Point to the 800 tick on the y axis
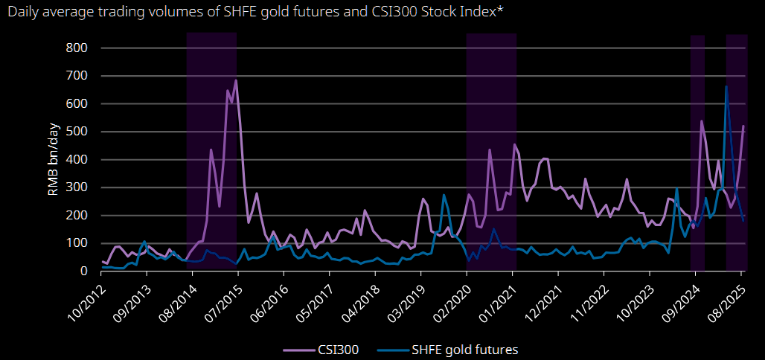pyautogui.click(x=78, y=48)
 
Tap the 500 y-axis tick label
pyautogui.click(x=78, y=132)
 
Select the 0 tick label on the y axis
pyautogui.click(x=86, y=271)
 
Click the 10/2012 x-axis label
pyautogui.click(x=88, y=297)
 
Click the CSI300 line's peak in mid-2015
pyautogui.click(x=236, y=80)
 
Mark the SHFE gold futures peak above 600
pyautogui.click(x=726, y=87)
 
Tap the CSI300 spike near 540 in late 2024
pyautogui.click(x=702, y=121)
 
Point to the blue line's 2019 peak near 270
pyautogui.click(x=444, y=195)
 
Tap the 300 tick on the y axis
pyautogui.click(x=78, y=187)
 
